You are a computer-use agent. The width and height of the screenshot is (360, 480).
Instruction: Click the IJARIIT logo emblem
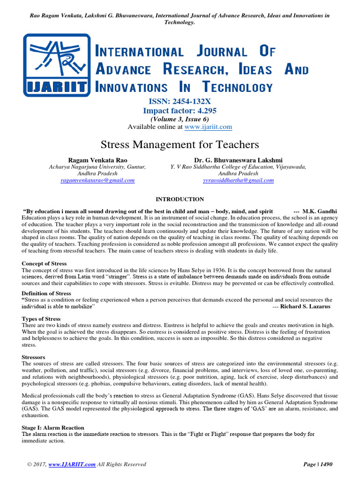click(57, 65)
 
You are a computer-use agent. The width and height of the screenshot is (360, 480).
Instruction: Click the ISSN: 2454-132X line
click(180, 102)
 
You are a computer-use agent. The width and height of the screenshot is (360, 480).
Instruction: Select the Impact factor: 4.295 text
click(180, 111)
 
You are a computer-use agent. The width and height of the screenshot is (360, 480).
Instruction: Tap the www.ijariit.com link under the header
click(208, 127)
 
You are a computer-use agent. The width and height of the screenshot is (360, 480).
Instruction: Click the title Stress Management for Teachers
click(180, 144)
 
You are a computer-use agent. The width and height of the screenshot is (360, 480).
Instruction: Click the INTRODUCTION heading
click(180, 199)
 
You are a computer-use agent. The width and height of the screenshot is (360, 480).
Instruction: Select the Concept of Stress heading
click(44, 264)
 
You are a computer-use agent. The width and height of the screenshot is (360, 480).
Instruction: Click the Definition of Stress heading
click(46, 293)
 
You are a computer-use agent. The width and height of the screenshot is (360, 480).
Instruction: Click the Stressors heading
click(34, 357)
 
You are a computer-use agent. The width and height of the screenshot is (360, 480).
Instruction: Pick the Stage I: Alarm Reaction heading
click(53, 427)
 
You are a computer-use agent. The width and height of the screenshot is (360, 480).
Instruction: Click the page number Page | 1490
click(318, 465)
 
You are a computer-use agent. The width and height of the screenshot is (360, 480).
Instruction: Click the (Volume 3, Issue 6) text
click(180, 119)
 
